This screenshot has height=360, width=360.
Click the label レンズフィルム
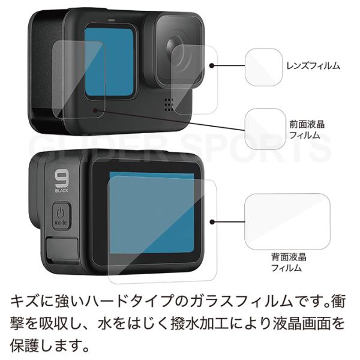point(313,66)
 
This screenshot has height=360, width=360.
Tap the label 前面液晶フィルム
point(307,130)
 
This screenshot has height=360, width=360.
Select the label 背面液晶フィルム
point(289,262)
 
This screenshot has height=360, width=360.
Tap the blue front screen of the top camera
point(109,62)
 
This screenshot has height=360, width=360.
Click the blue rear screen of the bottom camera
point(152,212)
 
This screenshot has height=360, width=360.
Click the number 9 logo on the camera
point(62,178)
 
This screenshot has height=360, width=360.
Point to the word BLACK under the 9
point(62,190)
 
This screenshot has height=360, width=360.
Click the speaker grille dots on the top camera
point(169,104)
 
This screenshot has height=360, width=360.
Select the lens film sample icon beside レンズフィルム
point(263,67)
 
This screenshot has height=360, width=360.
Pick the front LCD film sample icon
point(265,129)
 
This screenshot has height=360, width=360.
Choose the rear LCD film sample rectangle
point(287,222)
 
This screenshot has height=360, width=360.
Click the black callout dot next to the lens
point(212,65)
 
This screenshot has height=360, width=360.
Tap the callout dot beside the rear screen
point(212,222)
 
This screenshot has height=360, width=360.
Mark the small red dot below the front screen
point(95,110)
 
